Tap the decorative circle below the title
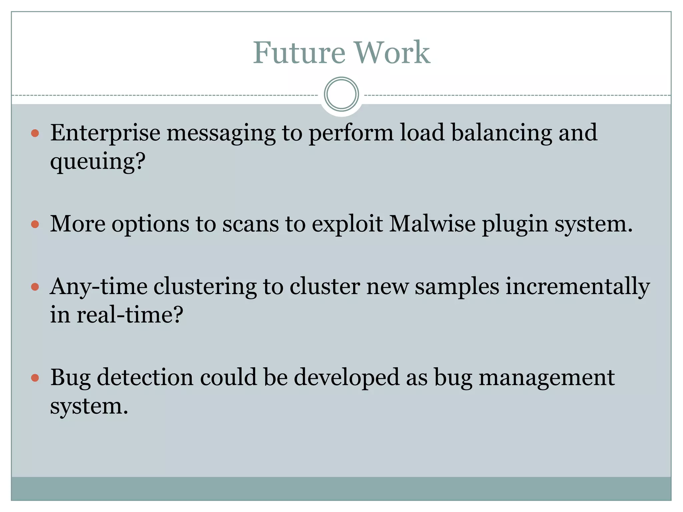[341, 94]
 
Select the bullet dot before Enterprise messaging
[35, 134]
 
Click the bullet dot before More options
[35, 224]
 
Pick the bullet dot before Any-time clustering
[35, 287]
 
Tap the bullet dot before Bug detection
[35, 378]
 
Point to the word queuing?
[98, 162]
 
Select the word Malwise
[432, 224]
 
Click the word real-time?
[130, 314]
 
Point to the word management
[547, 378]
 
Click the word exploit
[347, 224]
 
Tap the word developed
[347, 378]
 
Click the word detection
[145, 378]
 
